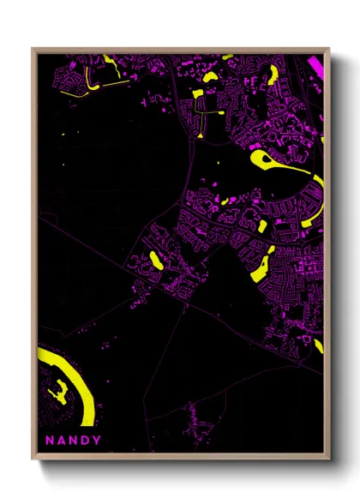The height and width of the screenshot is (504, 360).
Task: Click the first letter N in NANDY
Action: [50, 441]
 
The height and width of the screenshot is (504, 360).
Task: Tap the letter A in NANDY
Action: [63, 441]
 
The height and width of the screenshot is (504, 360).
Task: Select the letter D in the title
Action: [89, 441]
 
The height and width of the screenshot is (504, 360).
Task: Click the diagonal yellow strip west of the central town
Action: [155, 260]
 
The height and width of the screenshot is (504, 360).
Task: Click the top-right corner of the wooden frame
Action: [329, 48]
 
